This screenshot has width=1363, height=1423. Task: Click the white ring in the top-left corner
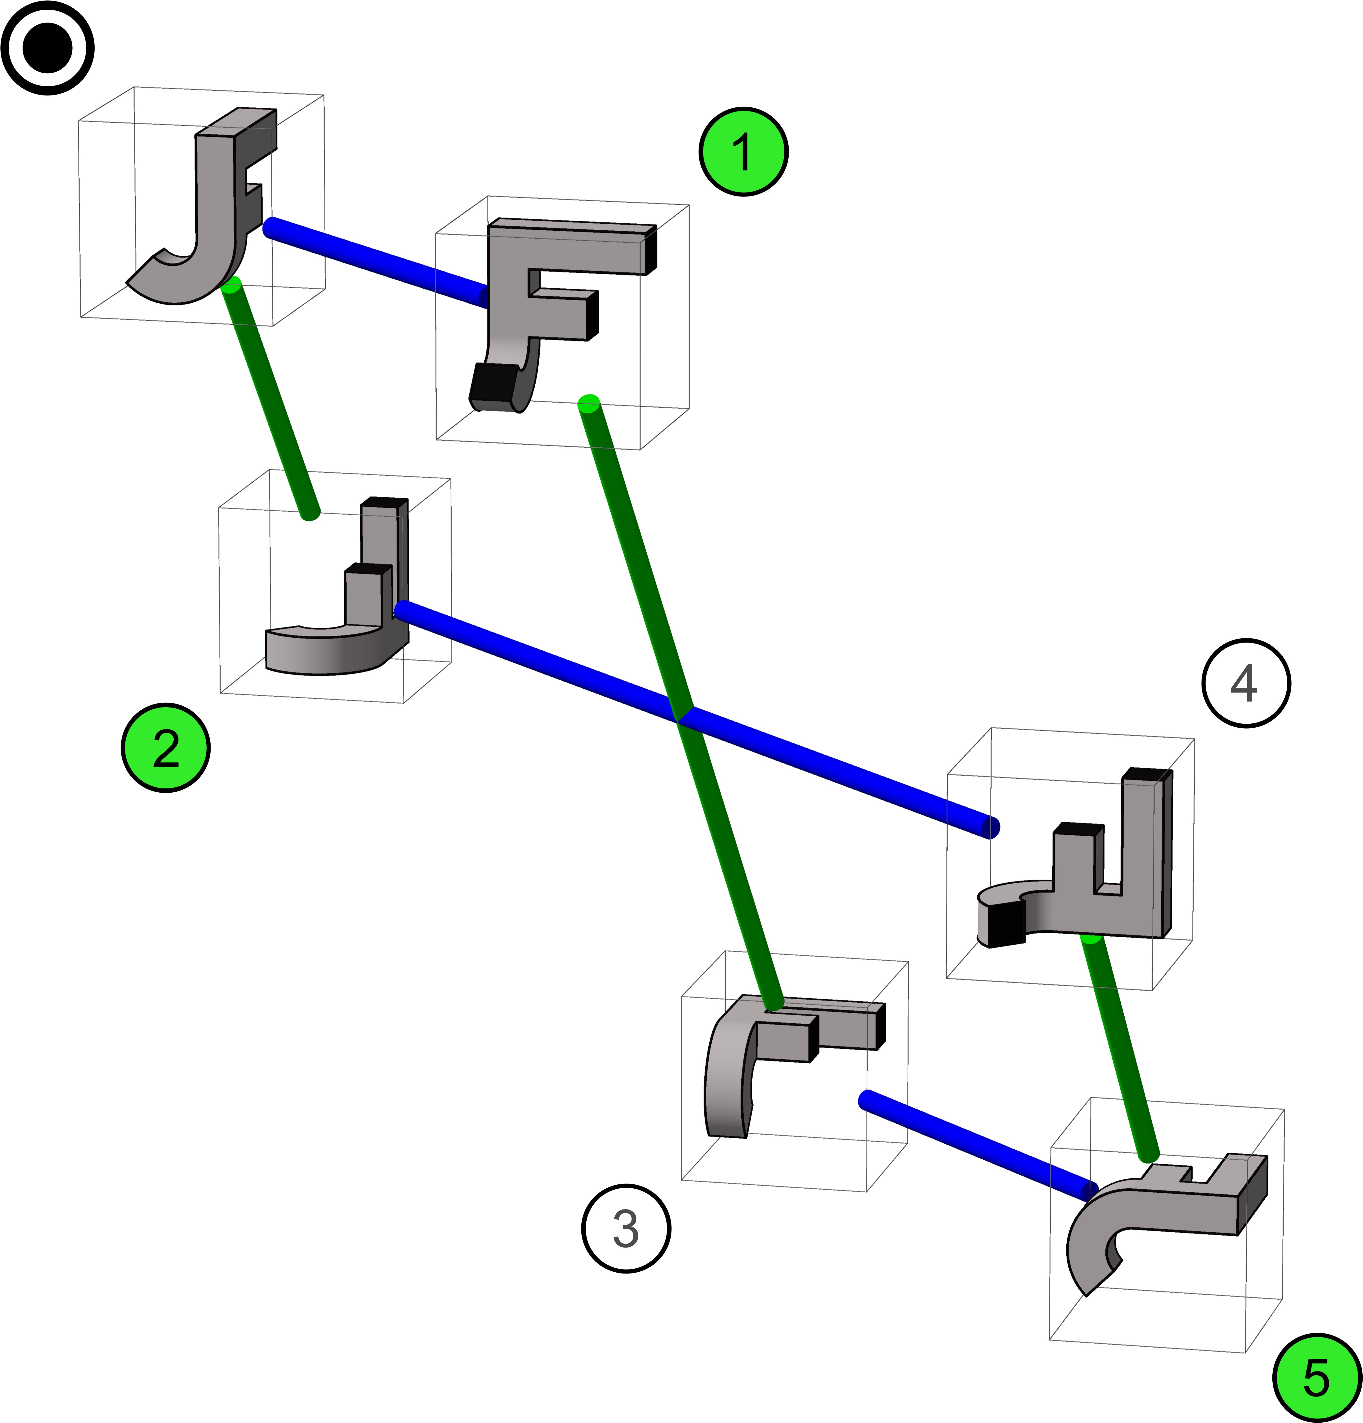pyautogui.click(x=47, y=48)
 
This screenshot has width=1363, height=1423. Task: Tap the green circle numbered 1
pyautogui.click(x=743, y=152)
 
